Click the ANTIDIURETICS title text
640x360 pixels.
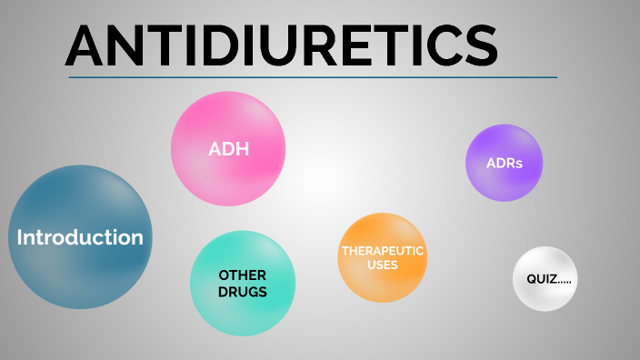click(282, 45)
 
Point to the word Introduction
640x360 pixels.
click(80, 238)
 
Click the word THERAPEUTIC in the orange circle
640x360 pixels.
click(382, 251)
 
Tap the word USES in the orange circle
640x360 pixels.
click(382, 265)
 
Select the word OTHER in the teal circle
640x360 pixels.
click(243, 275)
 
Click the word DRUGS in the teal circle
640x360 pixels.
click(243, 292)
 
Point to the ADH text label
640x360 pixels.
click(228, 149)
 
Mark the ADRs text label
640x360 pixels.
click(504, 165)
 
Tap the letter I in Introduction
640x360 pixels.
click(21, 238)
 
